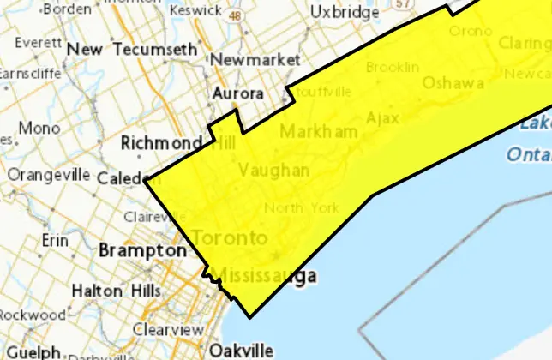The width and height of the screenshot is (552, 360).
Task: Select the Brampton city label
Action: [141, 251]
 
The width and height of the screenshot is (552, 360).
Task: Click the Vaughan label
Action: [274, 171]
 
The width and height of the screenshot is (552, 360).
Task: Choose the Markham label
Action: [318, 132]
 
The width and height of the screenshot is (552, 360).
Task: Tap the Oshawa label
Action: [453, 83]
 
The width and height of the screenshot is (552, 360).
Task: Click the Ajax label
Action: [382, 117]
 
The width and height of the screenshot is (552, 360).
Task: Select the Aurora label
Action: [237, 93]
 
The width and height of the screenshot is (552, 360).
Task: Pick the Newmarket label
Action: [255, 60]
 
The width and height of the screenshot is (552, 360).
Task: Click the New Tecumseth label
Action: [132, 50]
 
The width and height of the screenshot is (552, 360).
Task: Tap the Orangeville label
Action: [49, 174]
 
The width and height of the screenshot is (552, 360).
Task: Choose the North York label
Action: [301, 207]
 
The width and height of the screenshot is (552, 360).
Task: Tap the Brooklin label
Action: [393, 66]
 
